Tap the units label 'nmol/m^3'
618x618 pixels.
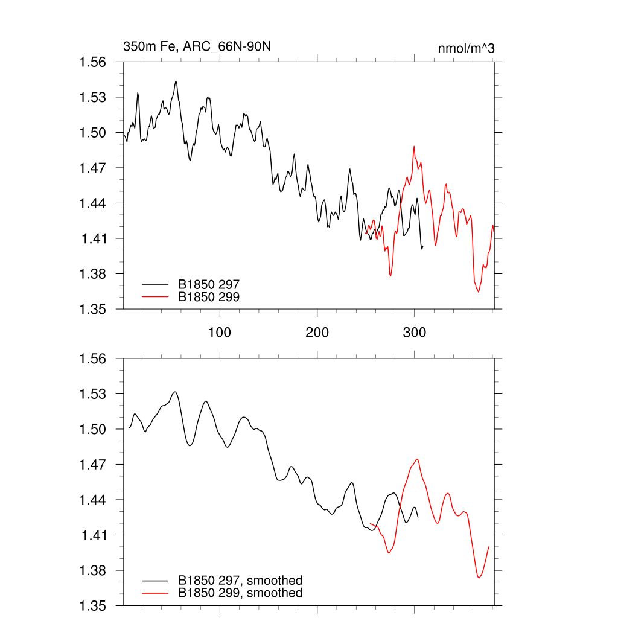coord(466,48)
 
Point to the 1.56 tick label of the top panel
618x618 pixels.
coord(93,62)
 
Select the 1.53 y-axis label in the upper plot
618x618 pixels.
coord(93,97)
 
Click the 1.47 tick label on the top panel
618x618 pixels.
coord(93,168)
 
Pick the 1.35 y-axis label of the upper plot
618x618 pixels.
coord(93,309)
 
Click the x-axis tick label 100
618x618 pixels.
coord(220,333)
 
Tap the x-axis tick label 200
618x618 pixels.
coord(317,333)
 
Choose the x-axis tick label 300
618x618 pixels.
coord(415,333)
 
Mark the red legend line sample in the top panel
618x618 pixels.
coord(154,296)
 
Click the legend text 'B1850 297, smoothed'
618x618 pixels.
coord(240,581)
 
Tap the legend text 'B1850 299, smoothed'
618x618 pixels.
coord(240,593)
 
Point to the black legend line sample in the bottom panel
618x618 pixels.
coord(154,581)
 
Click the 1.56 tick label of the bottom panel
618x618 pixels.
coord(93,359)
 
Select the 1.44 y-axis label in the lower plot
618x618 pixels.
coord(93,500)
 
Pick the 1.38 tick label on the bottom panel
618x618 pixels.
coord(93,571)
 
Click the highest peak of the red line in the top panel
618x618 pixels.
coord(414,146)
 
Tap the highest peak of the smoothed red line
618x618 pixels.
coord(417,459)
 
